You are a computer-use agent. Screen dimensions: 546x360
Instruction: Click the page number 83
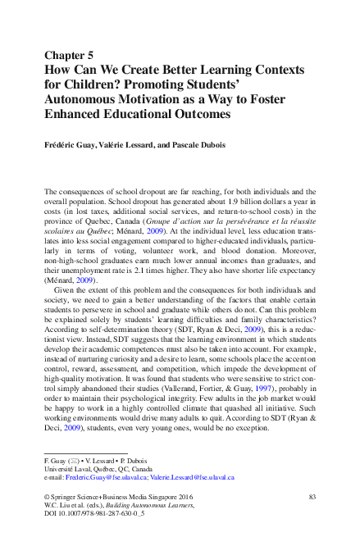pos(312,498)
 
